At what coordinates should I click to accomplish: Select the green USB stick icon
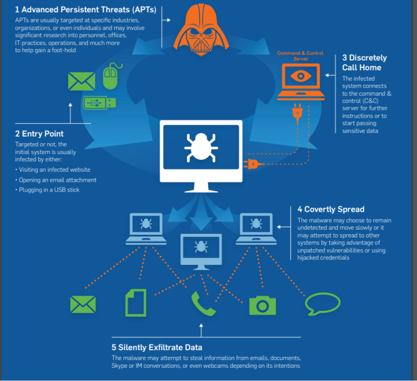coord(99,102)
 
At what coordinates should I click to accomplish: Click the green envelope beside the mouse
coord(81,81)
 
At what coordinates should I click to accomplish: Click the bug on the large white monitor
coord(201,146)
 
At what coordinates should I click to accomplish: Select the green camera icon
coord(263,305)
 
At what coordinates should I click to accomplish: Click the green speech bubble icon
coord(322,304)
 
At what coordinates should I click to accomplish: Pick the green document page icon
coord(136,303)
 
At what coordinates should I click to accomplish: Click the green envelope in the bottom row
coord(83,305)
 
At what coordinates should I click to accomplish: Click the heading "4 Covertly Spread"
coord(331,209)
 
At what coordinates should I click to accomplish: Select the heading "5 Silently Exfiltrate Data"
coord(157,347)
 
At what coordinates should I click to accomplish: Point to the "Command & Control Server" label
coord(300,56)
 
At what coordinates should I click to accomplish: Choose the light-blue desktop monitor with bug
coord(201,249)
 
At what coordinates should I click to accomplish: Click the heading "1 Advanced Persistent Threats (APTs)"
coord(85,9)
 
